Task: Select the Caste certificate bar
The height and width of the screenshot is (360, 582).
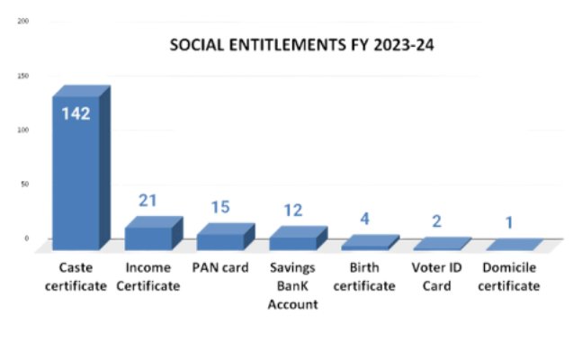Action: click(x=77, y=171)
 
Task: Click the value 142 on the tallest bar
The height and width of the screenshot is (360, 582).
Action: click(x=75, y=114)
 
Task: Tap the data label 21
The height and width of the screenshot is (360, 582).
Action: click(x=148, y=201)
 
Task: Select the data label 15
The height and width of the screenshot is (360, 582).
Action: click(x=220, y=207)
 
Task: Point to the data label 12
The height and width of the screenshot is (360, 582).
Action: click(x=292, y=211)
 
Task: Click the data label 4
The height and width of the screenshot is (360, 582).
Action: click(x=364, y=219)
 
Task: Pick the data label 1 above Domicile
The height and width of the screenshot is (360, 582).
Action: click(x=508, y=222)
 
